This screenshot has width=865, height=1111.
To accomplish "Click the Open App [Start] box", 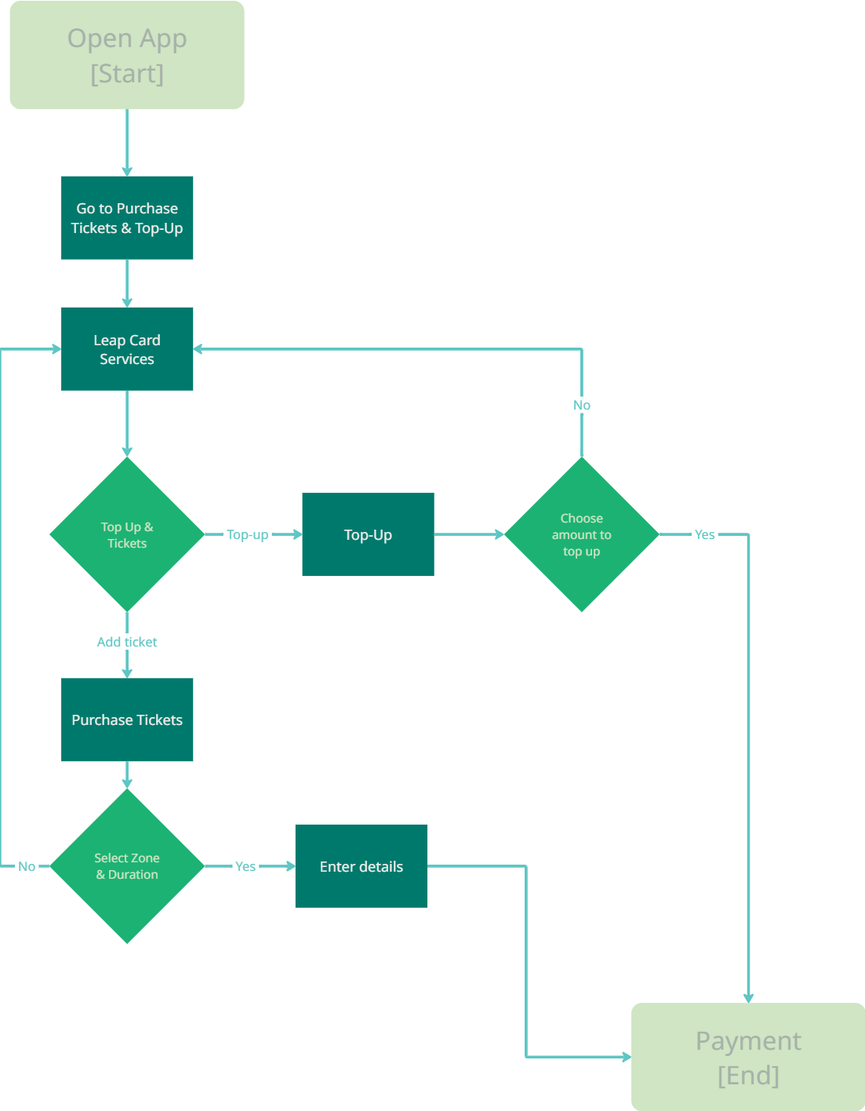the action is pos(127,55).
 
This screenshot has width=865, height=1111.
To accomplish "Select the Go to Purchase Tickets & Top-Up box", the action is pos(127,218).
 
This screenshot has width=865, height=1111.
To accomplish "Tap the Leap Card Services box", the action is pos(127,349).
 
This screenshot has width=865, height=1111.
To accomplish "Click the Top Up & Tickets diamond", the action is pos(127,534).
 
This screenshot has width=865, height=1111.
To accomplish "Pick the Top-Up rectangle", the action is pos(368,534).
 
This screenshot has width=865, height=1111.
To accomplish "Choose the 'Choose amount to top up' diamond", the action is pos(581,534).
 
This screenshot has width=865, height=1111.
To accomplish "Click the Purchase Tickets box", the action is pos(127,720).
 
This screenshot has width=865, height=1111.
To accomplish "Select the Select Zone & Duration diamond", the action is pos(127,866).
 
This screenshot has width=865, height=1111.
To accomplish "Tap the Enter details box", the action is pos(362,866).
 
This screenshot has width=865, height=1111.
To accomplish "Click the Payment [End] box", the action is pos(748,1057).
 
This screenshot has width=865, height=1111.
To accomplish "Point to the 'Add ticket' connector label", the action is pos(127,642).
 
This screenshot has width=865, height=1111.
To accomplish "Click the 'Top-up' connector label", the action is pos(247,535).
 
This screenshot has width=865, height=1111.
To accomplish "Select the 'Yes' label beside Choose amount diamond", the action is pos(704,535).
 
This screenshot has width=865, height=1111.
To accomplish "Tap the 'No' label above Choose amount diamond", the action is pos(581,406).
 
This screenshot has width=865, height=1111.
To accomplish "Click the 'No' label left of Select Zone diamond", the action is pos(27,867).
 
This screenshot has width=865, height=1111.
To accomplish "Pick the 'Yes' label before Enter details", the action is pos(245,867).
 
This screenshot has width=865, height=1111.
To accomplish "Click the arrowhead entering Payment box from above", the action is pos(748,999).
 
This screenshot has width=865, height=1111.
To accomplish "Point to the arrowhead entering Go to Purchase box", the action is pos(127,172).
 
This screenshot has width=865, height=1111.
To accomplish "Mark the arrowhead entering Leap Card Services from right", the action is pos(198,349).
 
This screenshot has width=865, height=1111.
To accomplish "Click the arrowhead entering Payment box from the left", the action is pos(627,1057).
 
